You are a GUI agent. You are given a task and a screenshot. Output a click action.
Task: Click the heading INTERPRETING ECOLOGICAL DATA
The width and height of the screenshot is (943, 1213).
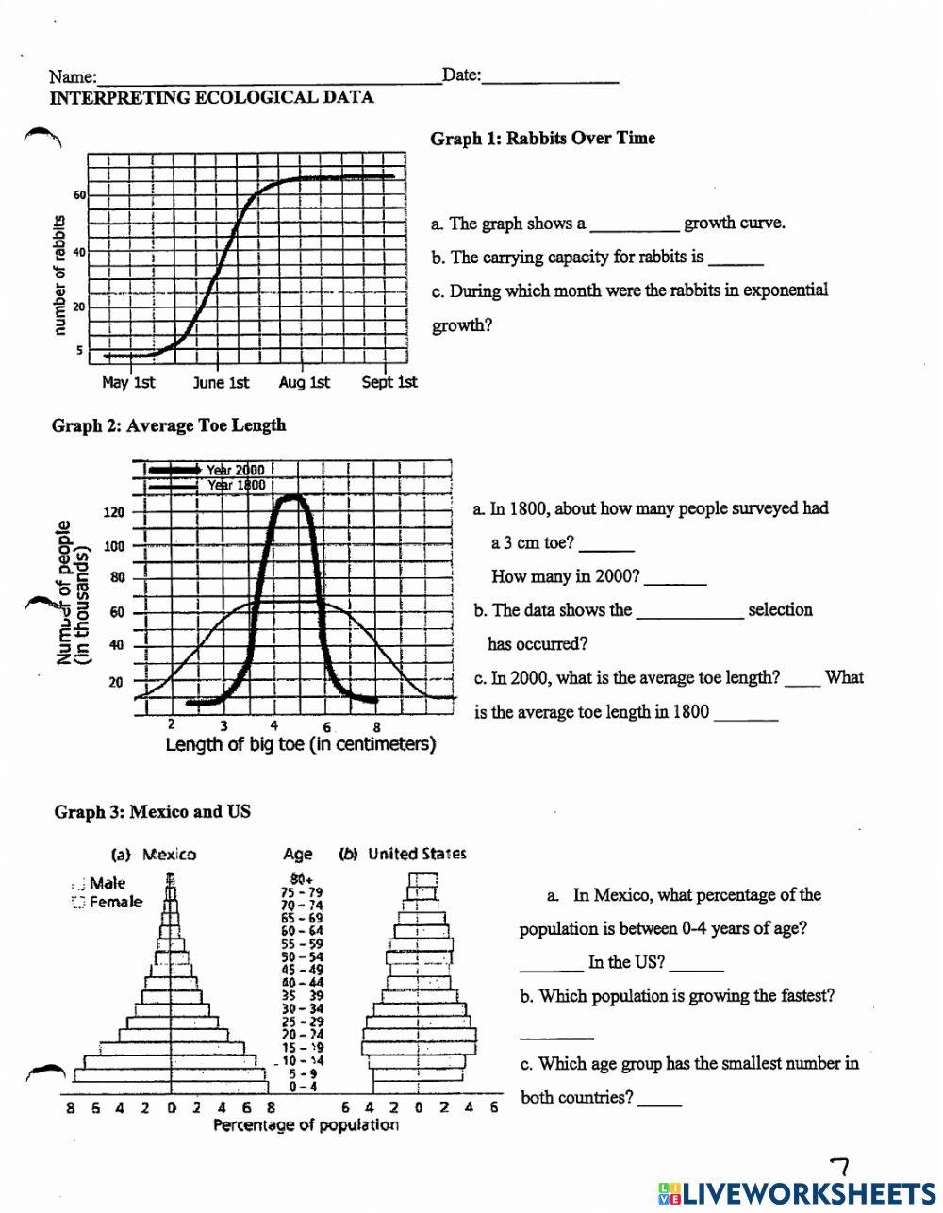point(211,97)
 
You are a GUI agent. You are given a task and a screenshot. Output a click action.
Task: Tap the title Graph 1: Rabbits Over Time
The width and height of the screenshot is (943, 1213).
point(542,139)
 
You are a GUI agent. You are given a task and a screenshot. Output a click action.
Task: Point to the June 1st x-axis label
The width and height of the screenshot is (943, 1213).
point(222,382)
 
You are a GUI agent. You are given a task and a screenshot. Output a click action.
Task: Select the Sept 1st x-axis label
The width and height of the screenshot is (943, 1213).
point(389,382)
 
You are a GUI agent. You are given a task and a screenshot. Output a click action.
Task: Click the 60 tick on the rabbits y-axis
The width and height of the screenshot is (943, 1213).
point(80,195)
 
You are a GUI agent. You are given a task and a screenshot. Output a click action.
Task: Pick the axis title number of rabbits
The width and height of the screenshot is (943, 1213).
point(58,274)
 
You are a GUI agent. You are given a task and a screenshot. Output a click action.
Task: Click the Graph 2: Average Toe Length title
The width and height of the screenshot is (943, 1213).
point(169,425)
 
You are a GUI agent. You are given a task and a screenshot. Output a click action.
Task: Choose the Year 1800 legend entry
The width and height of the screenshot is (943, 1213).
point(235,485)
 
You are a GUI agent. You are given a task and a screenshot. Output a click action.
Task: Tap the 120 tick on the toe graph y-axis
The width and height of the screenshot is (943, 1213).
point(113,513)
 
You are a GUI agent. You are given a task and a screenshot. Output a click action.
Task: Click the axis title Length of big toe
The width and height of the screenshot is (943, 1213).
point(300,744)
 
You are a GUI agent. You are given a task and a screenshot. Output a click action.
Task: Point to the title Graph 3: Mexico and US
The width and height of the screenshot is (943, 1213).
point(152,812)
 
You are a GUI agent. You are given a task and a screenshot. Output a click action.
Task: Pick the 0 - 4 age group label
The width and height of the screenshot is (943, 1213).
point(303,1086)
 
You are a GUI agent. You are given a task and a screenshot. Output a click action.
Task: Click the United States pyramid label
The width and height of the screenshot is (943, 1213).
point(416,855)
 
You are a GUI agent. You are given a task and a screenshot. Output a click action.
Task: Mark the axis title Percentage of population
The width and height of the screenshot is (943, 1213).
point(306,1125)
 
